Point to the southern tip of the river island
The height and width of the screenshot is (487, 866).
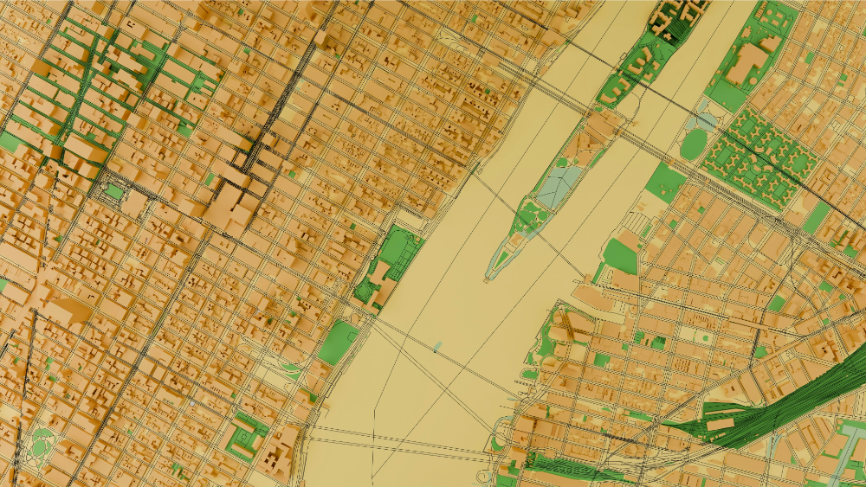point(486,279)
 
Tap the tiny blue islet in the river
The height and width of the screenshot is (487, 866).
point(436,347)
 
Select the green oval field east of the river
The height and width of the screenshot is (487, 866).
point(694,144)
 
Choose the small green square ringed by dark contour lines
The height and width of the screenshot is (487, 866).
point(113,190)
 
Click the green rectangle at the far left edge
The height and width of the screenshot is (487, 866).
point(10,141)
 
